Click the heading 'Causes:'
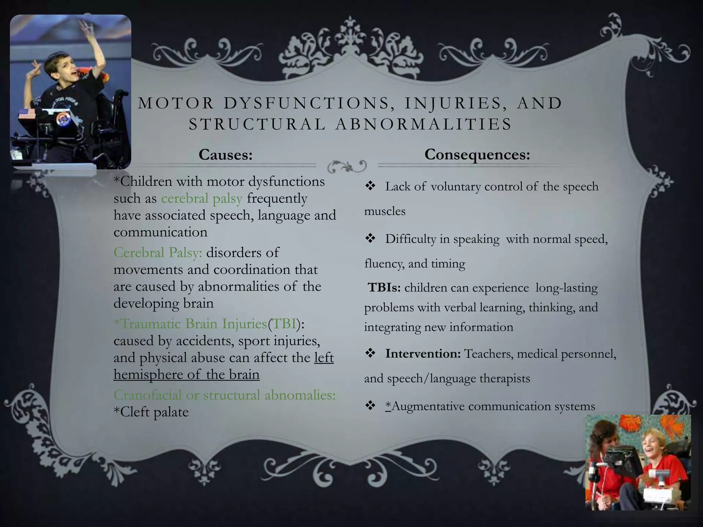click(226, 155)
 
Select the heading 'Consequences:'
click(477, 155)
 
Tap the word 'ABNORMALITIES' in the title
click(424, 124)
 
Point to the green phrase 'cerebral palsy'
click(202, 198)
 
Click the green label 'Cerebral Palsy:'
click(158, 253)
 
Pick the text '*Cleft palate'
click(151, 412)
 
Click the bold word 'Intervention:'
click(423, 354)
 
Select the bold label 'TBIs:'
click(384, 288)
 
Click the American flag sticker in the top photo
click(27, 114)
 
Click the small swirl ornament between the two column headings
click(347, 166)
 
